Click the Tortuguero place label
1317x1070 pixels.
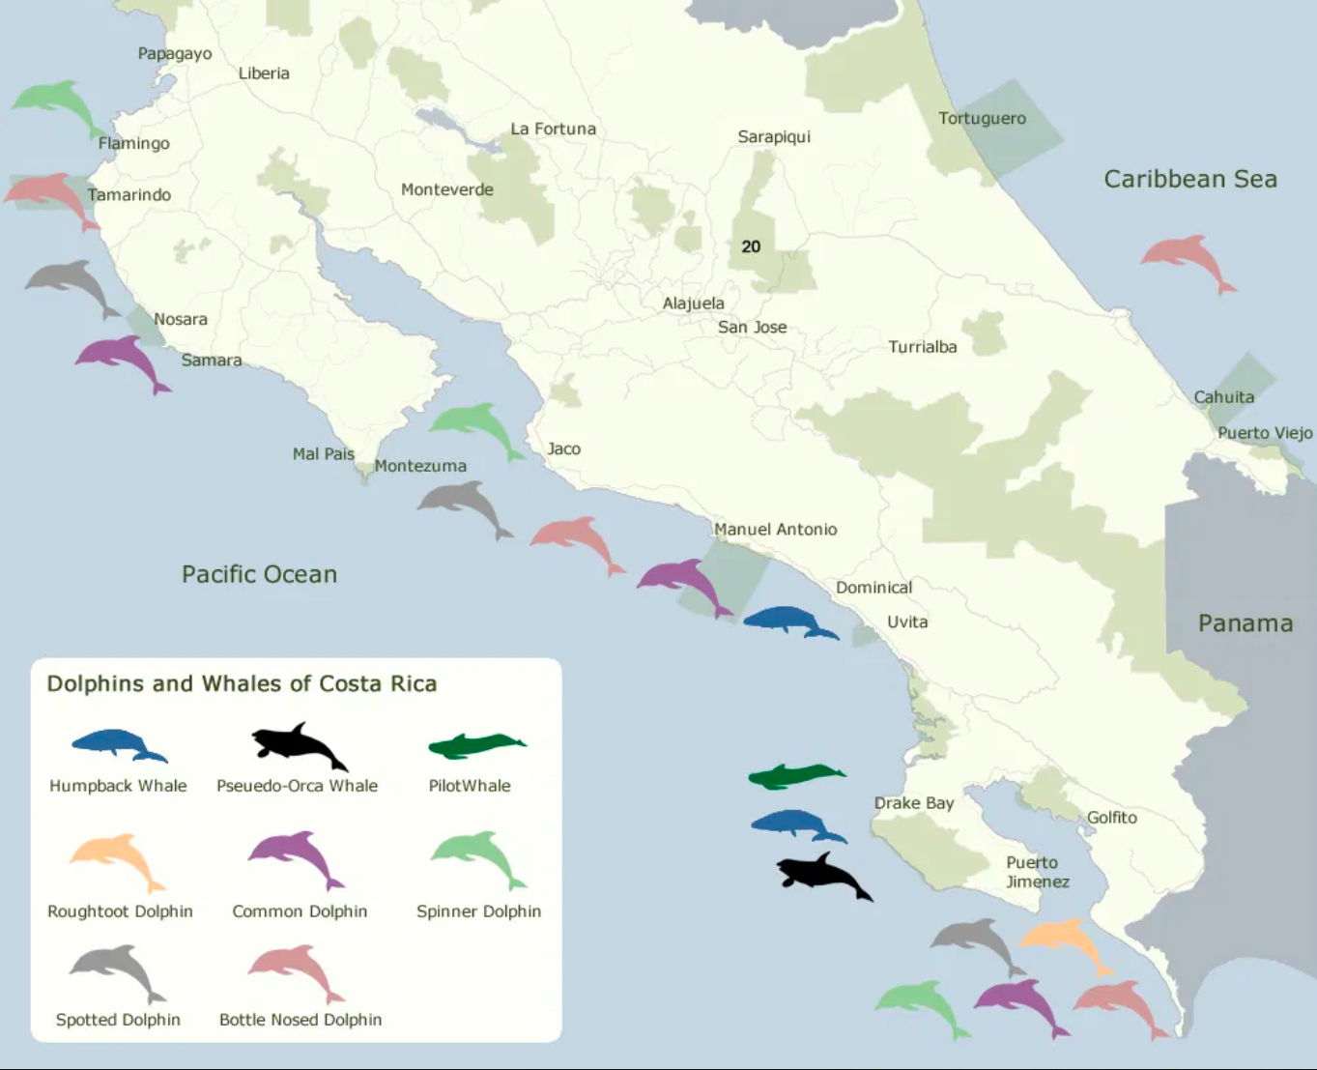click(982, 119)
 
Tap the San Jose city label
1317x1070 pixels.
click(752, 327)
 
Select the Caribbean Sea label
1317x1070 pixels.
click(1189, 179)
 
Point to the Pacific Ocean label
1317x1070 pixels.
click(259, 574)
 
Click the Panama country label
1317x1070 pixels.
click(1245, 623)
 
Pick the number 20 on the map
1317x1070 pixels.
click(751, 246)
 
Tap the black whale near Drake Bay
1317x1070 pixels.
click(822, 876)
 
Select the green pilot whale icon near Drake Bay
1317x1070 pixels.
click(795, 775)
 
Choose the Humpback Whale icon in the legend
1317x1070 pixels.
click(118, 744)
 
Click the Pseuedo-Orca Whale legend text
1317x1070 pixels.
click(297, 786)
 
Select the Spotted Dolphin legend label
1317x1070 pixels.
click(118, 1020)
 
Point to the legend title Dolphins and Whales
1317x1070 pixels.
click(242, 684)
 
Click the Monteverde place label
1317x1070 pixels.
click(446, 189)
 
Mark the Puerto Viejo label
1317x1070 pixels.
click(1264, 433)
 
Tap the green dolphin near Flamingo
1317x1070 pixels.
click(56, 103)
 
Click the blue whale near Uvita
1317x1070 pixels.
click(788, 621)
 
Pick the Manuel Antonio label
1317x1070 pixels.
click(775, 529)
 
